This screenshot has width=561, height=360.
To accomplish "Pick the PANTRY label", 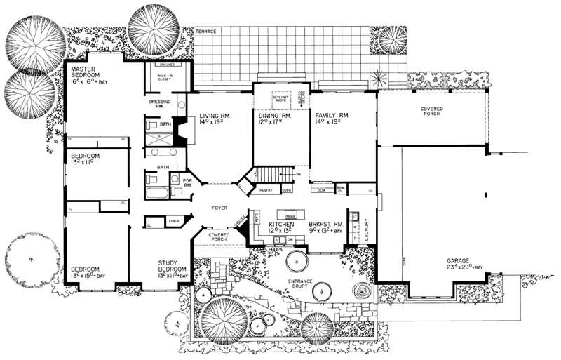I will click(265, 189).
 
